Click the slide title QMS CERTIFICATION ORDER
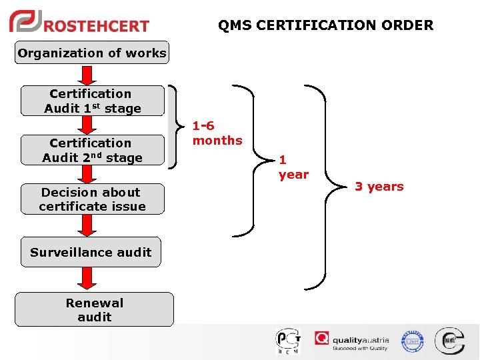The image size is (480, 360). coord(325,25)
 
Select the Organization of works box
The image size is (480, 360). coord(92,53)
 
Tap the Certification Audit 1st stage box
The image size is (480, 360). coord(93,101)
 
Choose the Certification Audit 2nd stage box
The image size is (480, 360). coord(92,150)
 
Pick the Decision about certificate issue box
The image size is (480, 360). coord(92,199)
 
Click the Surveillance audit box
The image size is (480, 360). coord(91,252)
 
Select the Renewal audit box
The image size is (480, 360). coord(94,309)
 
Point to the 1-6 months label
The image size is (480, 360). coord(217,133)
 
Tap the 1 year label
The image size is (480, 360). coord(293,167)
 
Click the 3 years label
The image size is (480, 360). coord(379,187)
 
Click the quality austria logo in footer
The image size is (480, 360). coord(352,341)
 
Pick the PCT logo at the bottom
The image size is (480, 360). coord(288,341)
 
